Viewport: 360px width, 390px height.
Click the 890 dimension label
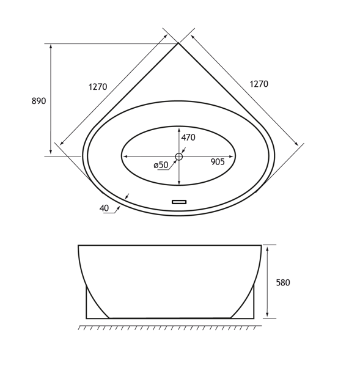(39, 101)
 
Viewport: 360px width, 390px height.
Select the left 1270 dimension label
(98, 87)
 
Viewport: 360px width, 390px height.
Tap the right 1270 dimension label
(259, 84)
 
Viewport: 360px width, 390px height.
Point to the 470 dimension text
(188, 138)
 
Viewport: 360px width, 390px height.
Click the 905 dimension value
(218, 162)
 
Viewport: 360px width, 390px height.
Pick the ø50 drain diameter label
(161, 165)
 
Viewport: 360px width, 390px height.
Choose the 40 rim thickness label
(104, 208)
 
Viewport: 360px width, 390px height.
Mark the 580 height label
(283, 282)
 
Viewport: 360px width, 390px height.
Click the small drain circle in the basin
(178, 156)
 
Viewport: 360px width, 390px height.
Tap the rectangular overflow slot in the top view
(179, 202)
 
